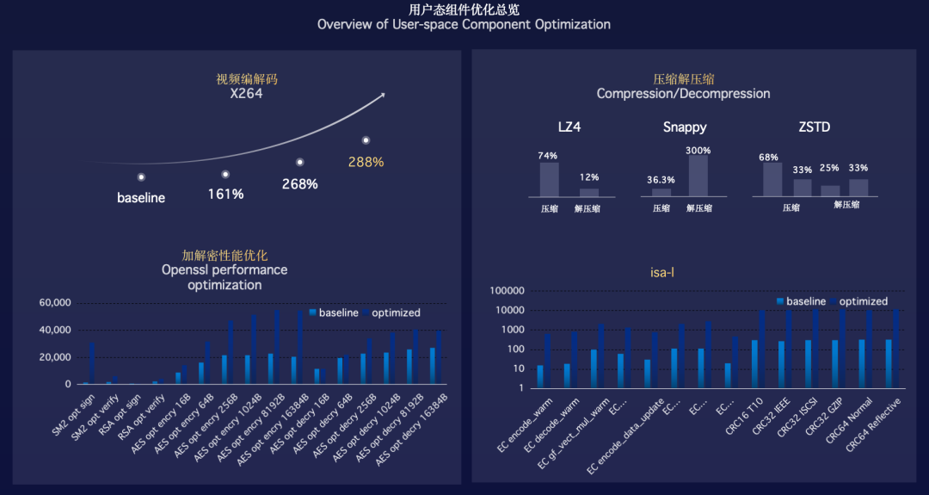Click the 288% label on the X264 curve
[x=366, y=162]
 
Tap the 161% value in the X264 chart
[x=225, y=195]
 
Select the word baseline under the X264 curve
[x=141, y=198]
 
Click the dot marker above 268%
[x=300, y=162]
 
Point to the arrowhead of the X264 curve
[x=381, y=96]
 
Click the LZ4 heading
[x=569, y=127]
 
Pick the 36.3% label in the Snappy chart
[x=661, y=180]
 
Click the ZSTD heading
[x=814, y=127]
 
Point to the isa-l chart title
[x=661, y=273]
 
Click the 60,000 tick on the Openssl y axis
[x=54, y=303]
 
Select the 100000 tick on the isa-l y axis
[x=508, y=291]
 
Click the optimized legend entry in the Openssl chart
[x=391, y=312]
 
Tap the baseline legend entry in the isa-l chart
[x=801, y=301]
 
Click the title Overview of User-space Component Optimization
[x=464, y=24]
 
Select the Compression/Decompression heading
[x=683, y=93]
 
